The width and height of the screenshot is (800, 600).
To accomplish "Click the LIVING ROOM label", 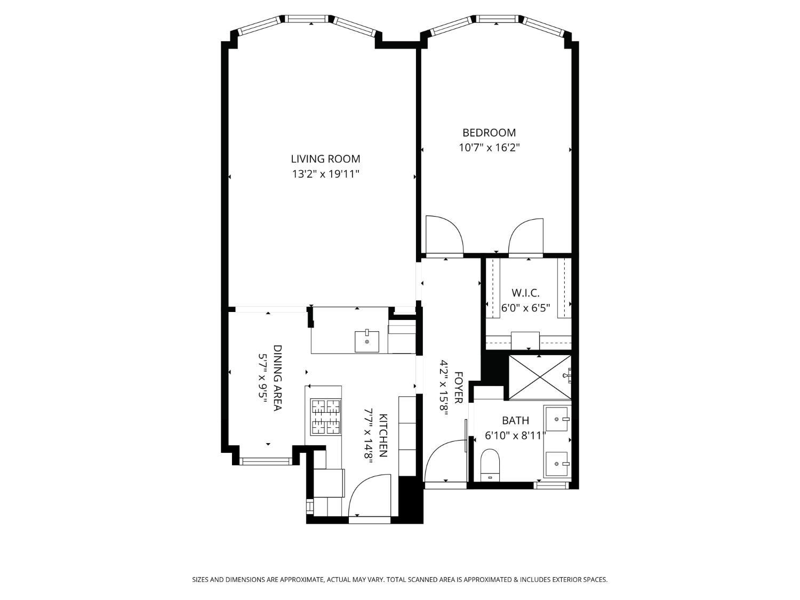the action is pyautogui.click(x=325, y=159).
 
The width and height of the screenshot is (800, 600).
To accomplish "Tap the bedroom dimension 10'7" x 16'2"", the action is pyautogui.click(x=489, y=148).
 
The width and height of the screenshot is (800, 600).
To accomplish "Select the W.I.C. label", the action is pyautogui.click(x=525, y=293).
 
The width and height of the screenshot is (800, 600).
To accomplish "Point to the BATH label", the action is pyautogui.click(x=515, y=420).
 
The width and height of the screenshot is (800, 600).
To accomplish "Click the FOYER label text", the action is pyautogui.click(x=459, y=387).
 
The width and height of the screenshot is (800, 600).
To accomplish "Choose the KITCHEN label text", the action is pyautogui.click(x=383, y=435).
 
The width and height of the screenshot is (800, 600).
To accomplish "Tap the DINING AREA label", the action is pyautogui.click(x=278, y=378).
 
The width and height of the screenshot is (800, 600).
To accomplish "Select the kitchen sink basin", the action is pyautogui.click(x=366, y=341).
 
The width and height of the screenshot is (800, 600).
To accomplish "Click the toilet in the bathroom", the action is pyautogui.click(x=490, y=465).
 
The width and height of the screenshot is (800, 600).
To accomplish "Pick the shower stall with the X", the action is pyautogui.click(x=540, y=377).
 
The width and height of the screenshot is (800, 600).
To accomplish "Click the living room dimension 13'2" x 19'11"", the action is pyautogui.click(x=325, y=174).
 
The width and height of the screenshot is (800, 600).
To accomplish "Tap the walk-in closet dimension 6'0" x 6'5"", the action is pyautogui.click(x=525, y=308).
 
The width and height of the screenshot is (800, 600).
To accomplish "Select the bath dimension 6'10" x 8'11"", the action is pyautogui.click(x=515, y=435).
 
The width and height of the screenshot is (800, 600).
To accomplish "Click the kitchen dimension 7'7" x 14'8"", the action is pyautogui.click(x=368, y=436).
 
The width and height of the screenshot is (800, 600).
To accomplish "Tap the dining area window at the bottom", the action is pyautogui.click(x=266, y=461).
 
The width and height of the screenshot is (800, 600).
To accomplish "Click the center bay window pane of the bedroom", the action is pyautogui.click(x=497, y=19).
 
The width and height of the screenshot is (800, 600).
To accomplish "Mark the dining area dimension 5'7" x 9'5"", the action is pyautogui.click(x=263, y=378).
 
